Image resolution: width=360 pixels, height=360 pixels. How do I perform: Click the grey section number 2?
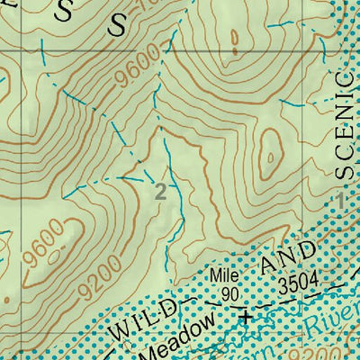160,192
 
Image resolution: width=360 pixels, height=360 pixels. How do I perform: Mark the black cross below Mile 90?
245,315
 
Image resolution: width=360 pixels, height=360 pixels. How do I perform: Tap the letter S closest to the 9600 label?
118,24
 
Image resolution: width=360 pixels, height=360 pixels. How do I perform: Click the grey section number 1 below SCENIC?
341,194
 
